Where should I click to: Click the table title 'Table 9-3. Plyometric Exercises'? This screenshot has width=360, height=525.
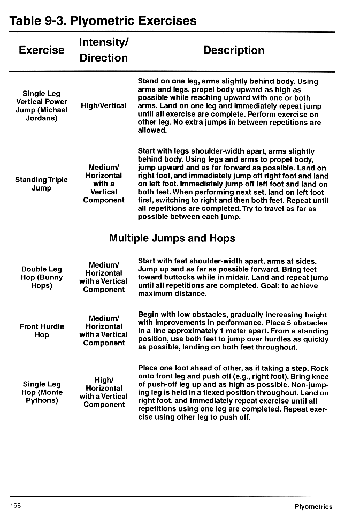click(103, 21)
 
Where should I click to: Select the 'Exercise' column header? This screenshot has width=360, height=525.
click(41, 50)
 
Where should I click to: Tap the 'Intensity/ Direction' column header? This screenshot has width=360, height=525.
click(103, 50)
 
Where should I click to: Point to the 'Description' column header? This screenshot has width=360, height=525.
click(234, 50)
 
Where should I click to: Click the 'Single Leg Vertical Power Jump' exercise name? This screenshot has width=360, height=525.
click(41, 105)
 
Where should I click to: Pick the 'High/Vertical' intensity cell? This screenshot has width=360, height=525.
click(103, 105)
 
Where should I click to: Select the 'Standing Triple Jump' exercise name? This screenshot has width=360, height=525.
click(41, 184)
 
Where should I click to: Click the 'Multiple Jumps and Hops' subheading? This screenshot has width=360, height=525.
click(172, 238)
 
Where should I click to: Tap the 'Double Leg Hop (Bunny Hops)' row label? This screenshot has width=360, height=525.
click(41, 277)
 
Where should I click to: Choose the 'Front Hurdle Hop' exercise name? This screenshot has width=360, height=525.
click(41, 330)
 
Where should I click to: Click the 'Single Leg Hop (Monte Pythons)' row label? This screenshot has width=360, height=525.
click(41, 392)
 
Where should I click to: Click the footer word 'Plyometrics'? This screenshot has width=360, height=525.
click(313, 507)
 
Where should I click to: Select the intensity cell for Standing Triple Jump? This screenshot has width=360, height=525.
click(103, 184)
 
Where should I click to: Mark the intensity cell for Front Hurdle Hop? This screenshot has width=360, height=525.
click(103, 330)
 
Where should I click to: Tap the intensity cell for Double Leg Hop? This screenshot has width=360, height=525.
click(103, 277)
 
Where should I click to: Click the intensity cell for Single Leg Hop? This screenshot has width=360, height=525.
click(103, 392)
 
